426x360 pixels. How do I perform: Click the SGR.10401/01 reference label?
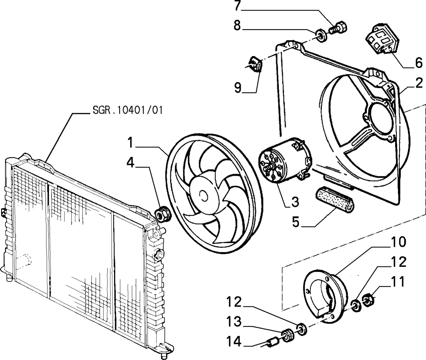tap(127, 110)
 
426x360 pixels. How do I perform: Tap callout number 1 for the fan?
tap(131, 142)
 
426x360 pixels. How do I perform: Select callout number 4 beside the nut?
tap(131, 163)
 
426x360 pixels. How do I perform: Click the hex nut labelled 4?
tap(163, 214)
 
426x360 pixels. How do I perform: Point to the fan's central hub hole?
tap(203, 195)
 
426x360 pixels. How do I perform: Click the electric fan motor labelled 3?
tap(285, 159)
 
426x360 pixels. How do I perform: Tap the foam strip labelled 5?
tap(335, 200)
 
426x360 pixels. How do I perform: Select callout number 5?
tap(295, 221)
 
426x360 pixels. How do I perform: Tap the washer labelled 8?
tap(322, 36)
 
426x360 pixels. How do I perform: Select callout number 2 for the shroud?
tap(419, 83)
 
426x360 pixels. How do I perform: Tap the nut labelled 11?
tap(369, 300)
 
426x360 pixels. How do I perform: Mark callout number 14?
tap(234, 342)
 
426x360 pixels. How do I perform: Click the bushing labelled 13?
tap(287, 335)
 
